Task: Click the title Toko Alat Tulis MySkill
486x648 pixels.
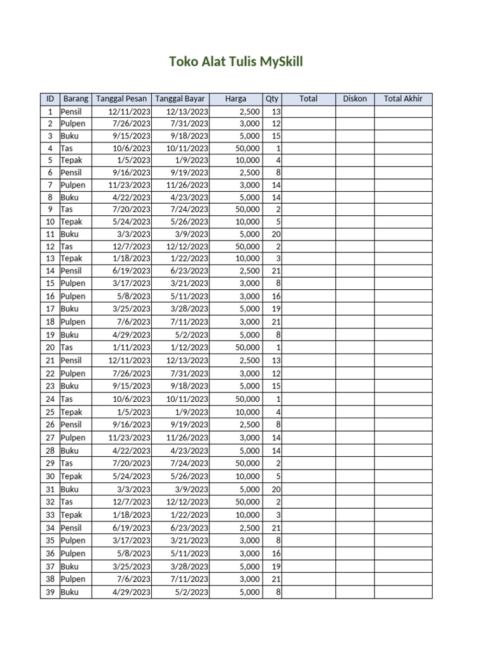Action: (x=236, y=61)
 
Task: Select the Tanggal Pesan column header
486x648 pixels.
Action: (x=121, y=99)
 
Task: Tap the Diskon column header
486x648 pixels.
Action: (x=354, y=99)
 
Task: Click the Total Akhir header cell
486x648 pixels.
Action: (x=403, y=99)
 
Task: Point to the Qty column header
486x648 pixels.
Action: (x=272, y=99)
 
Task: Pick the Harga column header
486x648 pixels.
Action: (x=235, y=99)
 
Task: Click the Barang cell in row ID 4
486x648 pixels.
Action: (x=75, y=148)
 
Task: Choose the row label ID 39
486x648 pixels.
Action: (x=49, y=592)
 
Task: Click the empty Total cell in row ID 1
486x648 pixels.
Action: (x=308, y=111)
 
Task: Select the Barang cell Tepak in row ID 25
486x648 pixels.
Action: (x=75, y=412)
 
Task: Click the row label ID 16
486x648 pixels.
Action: (x=49, y=296)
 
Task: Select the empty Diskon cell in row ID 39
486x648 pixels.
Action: (x=354, y=592)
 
